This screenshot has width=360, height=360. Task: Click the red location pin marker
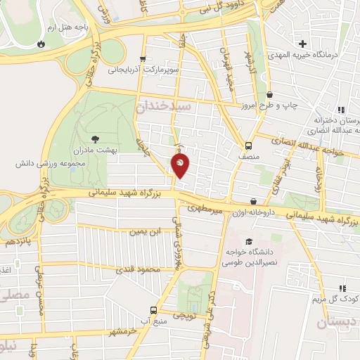tap(181, 166)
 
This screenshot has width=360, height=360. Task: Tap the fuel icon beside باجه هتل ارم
tap(41, 44)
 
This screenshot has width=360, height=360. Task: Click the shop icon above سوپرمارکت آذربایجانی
tap(143, 59)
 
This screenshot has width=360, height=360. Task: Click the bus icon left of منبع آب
tap(153, 310)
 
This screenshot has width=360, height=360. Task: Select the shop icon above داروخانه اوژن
tap(253, 202)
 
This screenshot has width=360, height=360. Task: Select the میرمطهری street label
tap(205, 208)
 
